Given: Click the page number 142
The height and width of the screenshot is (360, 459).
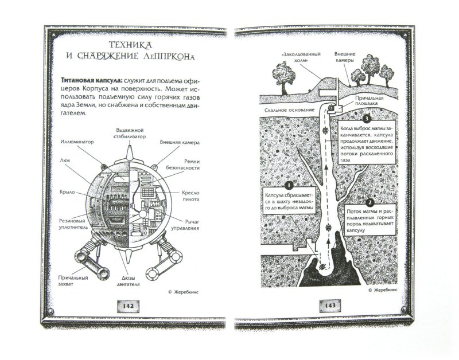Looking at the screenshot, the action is pyautogui.click(x=128, y=306).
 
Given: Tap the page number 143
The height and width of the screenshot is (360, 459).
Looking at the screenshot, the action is pyautogui.click(x=330, y=306).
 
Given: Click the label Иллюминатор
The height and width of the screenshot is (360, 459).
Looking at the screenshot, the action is pyautogui.click(x=77, y=142).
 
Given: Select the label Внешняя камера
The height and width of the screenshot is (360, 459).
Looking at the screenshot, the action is pyautogui.click(x=180, y=142).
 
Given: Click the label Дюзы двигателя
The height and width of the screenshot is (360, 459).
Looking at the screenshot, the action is pyautogui.click(x=128, y=281).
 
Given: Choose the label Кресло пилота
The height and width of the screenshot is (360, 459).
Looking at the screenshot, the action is pyautogui.click(x=190, y=196).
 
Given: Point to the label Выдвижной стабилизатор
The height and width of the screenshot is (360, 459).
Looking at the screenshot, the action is pyautogui.click(x=130, y=133).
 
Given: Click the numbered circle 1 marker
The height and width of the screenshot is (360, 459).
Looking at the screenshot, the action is pyautogui.click(x=289, y=185).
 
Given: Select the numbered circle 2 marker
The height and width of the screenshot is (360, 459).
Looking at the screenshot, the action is pyautogui.click(x=370, y=202).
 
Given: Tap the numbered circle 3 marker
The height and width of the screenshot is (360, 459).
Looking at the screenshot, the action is pyautogui.click(x=366, y=119).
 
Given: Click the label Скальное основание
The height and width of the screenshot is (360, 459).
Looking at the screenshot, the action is pyautogui.click(x=289, y=110).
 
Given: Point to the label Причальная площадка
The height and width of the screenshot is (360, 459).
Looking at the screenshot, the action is pyautogui.click(x=369, y=100).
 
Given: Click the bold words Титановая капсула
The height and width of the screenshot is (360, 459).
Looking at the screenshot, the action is pyautogui.click(x=91, y=81).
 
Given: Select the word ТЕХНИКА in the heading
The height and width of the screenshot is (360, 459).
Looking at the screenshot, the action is pyautogui.click(x=131, y=45).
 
